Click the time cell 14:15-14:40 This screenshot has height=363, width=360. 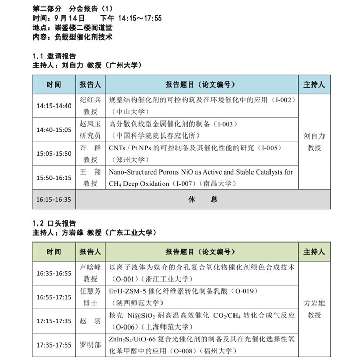pyautogui.click(x=53, y=106)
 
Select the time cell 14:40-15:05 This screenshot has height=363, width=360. pyautogui.click(x=53, y=130)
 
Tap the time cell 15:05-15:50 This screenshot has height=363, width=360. pyautogui.click(x=53, y=153)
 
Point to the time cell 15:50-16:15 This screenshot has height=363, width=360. pyautogui.click(x=53, y=178)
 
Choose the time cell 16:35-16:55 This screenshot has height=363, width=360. pyautogui.click(x=53, y=273)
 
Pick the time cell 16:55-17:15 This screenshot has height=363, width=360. pyautogui.click(x=53, y=297)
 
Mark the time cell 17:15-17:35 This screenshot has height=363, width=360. pyautogui.click(x=53, y=321)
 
